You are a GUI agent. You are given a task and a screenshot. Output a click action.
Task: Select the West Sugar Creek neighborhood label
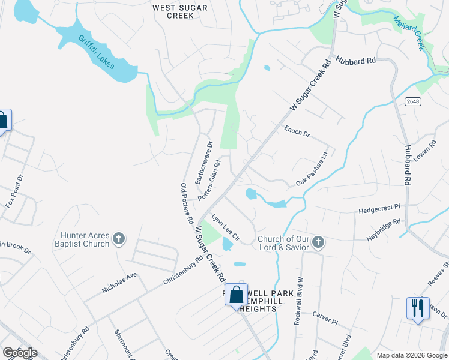point(180,11)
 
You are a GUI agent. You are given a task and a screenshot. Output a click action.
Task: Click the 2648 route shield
point(412,101)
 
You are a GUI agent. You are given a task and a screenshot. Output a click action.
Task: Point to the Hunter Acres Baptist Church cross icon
point(119,239)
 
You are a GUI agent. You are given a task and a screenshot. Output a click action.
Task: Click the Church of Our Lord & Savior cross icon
point(318,242)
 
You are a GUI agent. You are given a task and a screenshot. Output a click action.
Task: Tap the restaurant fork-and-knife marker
point(417,308)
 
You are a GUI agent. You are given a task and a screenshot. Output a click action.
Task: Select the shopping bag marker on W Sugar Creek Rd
point(237,295)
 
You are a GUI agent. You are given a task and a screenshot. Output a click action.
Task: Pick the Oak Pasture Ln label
point(312,169)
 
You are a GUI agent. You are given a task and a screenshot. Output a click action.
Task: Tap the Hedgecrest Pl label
point(379,209)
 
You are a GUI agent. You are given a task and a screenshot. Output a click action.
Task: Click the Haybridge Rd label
point(384,231)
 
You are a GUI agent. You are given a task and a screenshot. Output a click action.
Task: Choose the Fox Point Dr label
point(13,191)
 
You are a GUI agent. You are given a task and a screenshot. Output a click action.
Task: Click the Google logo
point(20,352)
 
